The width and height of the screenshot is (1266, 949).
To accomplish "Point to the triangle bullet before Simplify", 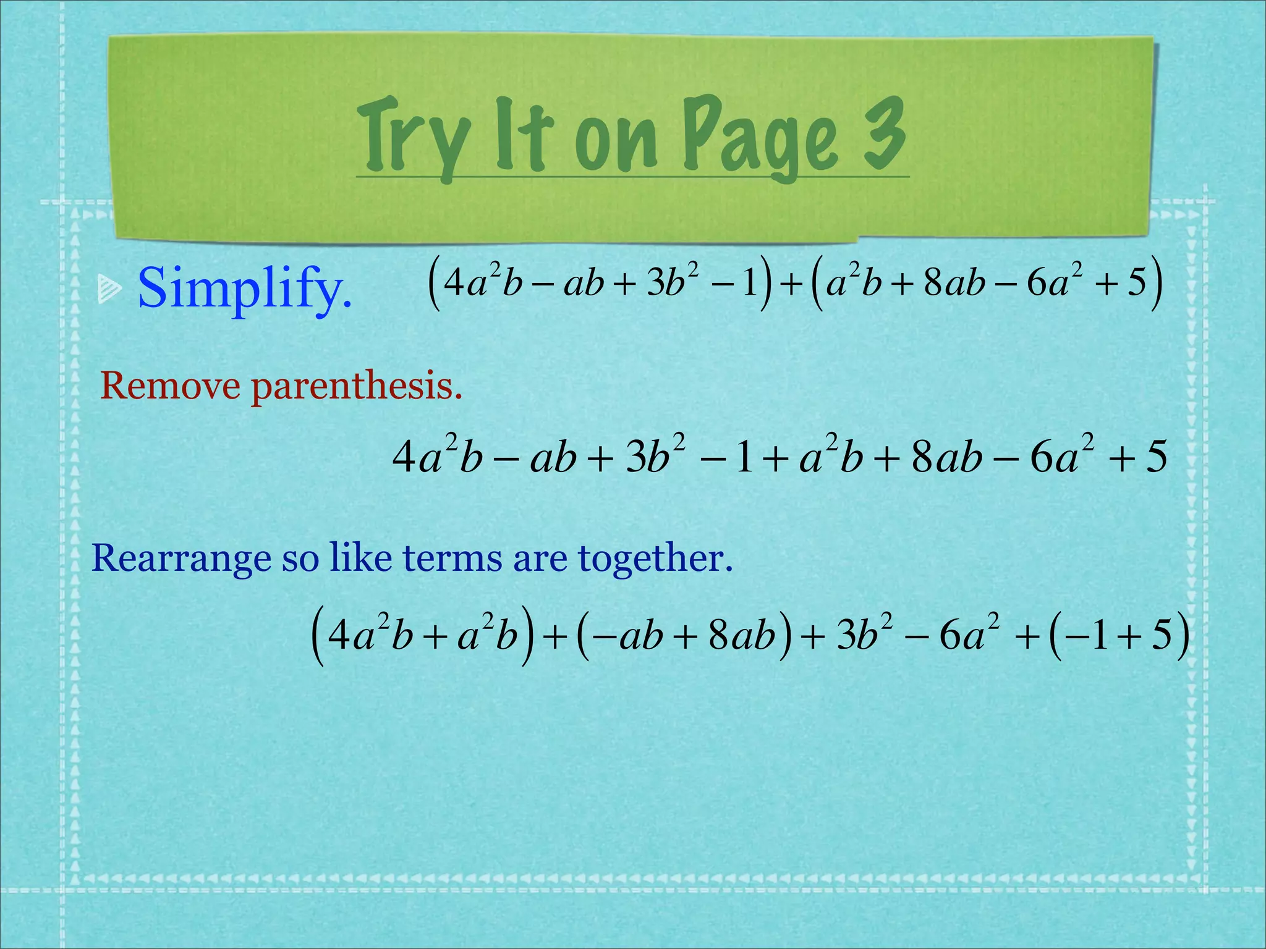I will pos(109,290).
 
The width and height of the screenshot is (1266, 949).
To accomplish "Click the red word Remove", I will pos(170,386).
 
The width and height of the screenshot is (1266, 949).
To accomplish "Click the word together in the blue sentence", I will pos(655,557).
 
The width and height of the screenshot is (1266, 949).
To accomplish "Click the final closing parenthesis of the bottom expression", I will pos(1181,636).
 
